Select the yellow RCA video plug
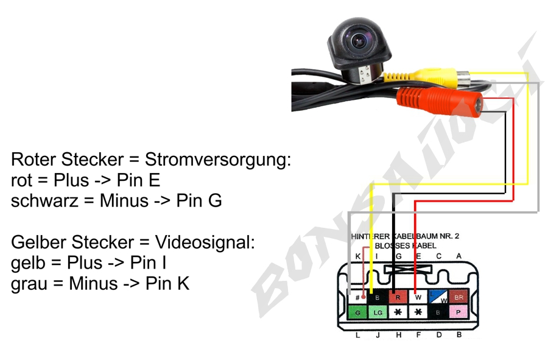[x=430, y=77]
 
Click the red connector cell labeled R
[x=398, y=297]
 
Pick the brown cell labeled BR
[x=458, y=297]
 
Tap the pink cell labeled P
[x=458, y=312]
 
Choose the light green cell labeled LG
[x=378, y=312]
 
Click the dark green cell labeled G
[x=358, y=312]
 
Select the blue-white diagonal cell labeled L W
[x=438, y=297]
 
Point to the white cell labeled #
[x=358, y=297]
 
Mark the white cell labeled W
[x=418, y=297]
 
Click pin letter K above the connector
[x=358, y=256]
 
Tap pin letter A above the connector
[x=458, y=256]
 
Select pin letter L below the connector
[x=358, y=335]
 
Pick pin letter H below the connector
[x=398, y=335]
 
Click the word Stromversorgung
[x=218, y=161]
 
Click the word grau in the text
[x=30, y=283]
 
